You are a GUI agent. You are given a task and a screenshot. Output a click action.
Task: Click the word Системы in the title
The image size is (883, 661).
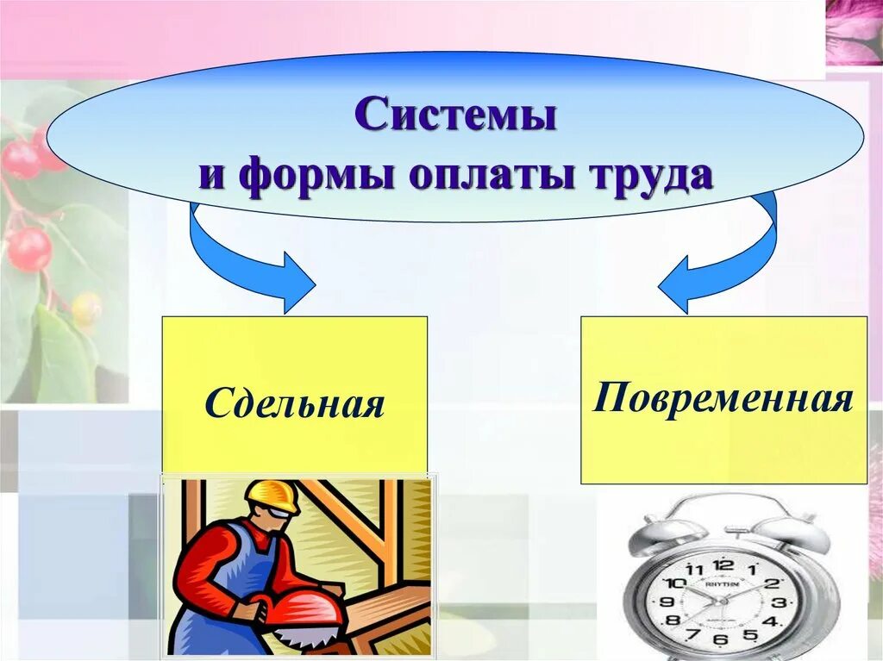[x=455, y=115]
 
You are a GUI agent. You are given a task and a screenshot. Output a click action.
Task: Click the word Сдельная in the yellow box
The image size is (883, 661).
[x=295, y=403]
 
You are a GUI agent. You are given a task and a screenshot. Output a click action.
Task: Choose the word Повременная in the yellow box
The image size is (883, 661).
[x=723, y=399]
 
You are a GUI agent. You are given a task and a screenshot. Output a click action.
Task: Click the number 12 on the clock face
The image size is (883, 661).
[x=724, y=564]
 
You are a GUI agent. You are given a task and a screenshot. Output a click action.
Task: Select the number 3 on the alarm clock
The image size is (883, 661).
[x=779, y=602]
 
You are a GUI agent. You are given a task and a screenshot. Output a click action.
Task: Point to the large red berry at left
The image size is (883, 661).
[x=29, y=248]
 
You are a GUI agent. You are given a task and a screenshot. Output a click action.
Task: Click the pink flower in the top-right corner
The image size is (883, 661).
[x=854, y=33]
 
